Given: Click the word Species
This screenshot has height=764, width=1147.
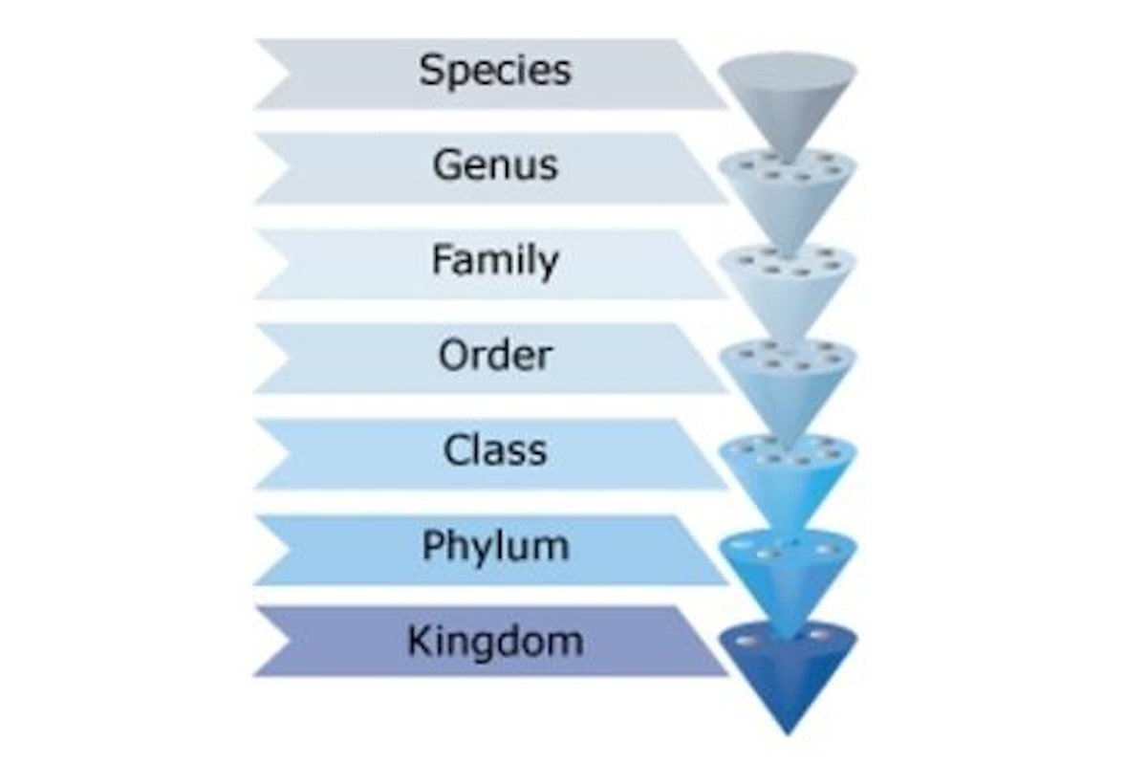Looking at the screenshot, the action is pos(495,70).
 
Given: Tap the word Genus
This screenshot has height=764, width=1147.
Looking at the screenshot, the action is pos(495,164).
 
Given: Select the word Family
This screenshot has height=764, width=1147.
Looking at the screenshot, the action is pos(495,261).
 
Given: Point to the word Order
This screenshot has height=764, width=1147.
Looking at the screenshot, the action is pos(495,355).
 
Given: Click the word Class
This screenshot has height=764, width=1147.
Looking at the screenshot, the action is pos(495,450).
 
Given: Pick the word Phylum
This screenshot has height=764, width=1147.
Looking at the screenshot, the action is pos(495,546).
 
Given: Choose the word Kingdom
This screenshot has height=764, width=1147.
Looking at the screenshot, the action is pos(495,641).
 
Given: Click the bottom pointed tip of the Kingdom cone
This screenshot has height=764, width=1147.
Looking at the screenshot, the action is pos(788,734).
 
